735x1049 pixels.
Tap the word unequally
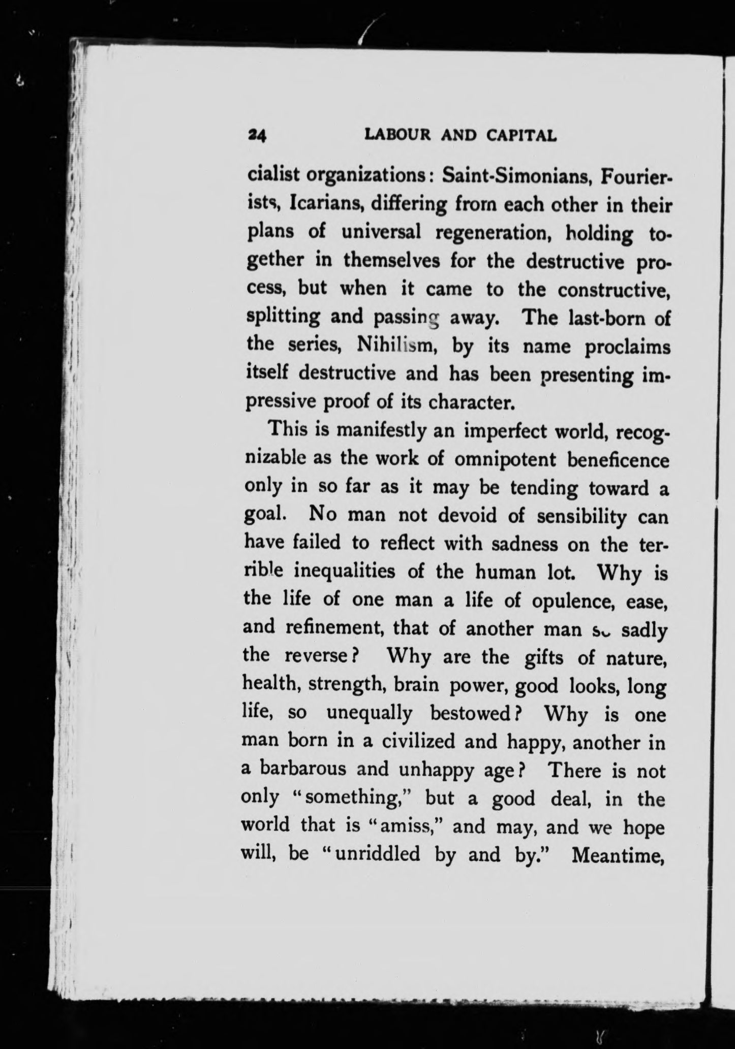tap(370, 714)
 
